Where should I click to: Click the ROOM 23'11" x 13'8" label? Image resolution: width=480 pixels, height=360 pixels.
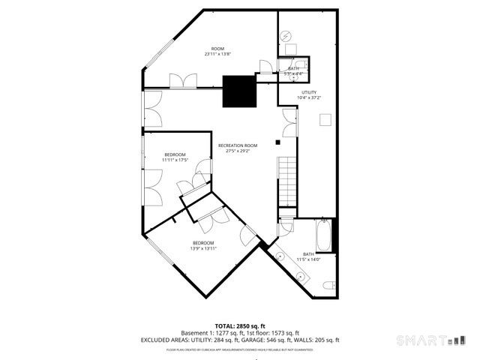click(x=217, y=51)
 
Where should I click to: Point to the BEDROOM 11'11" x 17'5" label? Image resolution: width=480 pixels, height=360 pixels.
click(x=175, y=157)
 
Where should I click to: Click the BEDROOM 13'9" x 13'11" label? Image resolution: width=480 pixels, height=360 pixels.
click(x=203, y=245)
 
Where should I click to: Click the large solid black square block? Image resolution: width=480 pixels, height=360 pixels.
click(x=241, y=91)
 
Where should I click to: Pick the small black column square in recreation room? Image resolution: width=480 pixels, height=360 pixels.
click(x=277, y=141)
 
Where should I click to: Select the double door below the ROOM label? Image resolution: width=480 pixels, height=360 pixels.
click(x=182, y=81)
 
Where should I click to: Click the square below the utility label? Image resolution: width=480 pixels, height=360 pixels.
click(x=326, y=118)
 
